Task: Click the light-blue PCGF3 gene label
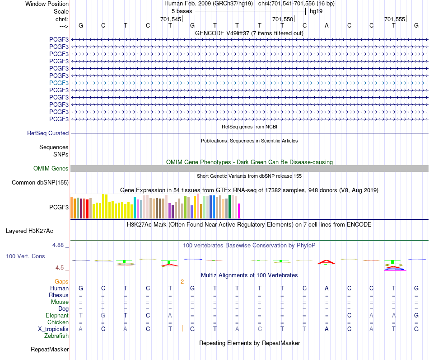click(59, 83)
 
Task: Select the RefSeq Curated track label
click(48, 133)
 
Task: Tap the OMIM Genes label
click(51, 169)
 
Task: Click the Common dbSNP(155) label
click(40, 182)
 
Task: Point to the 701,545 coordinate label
click(171, 19)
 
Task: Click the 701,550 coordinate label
click(283, 19)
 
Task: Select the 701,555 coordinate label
click(395, 19)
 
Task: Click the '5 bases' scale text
click(182, 11)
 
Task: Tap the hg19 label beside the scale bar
click(316, 11)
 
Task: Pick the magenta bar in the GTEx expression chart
click(239, 211)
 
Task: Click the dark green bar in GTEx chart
click(230, 207)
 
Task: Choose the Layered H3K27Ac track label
click(29, 231)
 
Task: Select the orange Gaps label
click(61, 282)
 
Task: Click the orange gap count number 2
click(182, 282)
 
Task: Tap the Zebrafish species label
click(56, 336)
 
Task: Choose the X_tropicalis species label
click(53, 329)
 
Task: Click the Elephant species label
click(57, 316)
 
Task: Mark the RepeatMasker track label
click(50, 349)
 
